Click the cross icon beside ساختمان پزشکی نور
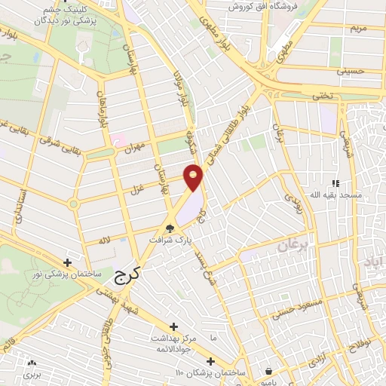pyautogui.click(x=69, y=262)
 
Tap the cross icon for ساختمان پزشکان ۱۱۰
pyautogui.click(x=211, y=361)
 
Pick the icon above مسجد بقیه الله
pyautogui.click(x=335, y=182)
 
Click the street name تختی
pyautogui.click(x=324, y=96)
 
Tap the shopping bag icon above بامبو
pyautogui.click(x=269, y=369)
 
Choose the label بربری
pyautogui.click(x=30, y=373)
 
